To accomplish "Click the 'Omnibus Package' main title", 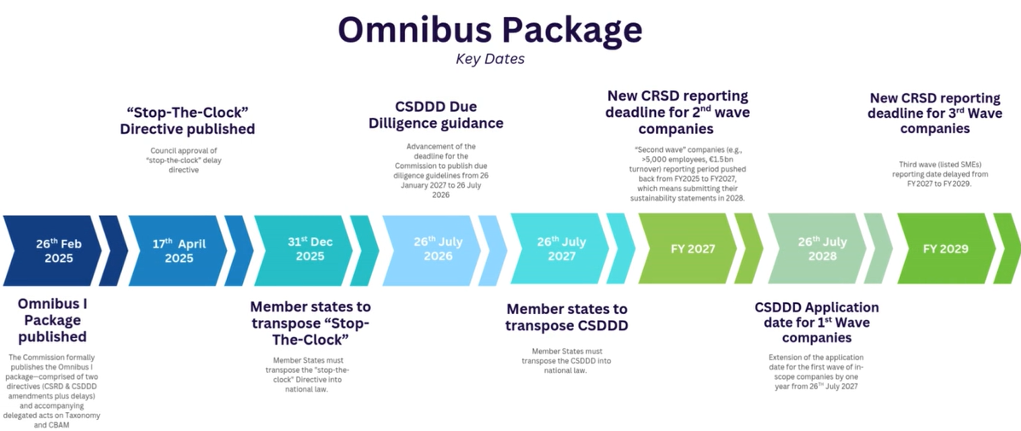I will point(490,29).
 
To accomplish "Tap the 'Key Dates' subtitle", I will point(490,59).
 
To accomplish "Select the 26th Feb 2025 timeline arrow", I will point(53,249).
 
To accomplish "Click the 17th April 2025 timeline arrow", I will point(178,249).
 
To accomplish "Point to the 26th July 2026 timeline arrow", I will point(436,249).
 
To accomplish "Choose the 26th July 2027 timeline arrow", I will point(560,249).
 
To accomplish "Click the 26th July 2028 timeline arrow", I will point(817,249).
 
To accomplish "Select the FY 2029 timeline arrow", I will point(945,249).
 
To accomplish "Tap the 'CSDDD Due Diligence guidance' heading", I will point(436,115).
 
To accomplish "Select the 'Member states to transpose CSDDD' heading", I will point(566,317).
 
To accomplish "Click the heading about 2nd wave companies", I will point(677,112).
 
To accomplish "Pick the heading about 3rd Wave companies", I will point(935,112).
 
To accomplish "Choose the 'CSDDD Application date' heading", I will point(816,322).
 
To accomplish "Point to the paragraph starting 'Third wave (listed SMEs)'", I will point(942,173).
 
